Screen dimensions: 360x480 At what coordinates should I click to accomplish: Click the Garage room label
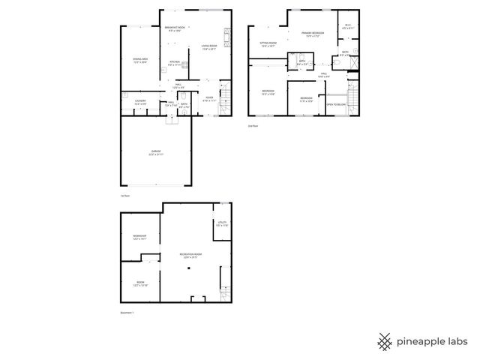pyautogui.click(x=155, y=153)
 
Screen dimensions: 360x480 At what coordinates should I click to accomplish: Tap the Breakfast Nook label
pyautogui.click(x=175, y=28)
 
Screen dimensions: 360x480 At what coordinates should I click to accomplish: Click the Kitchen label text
pyautogui.click(x=174, y=63)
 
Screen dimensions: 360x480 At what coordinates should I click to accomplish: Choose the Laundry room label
pyautogui.click(x=140, y=102)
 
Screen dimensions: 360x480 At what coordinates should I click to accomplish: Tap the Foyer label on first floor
pyautogui.click(x=209, y=98)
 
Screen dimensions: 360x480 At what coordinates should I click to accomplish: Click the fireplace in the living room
pyautogui.click(x=226, y=35)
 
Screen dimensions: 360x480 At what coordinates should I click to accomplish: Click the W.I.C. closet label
pyautogui.click(x=348, y=26)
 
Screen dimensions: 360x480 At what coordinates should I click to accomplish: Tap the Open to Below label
pyautogui.click(x=336, y=104)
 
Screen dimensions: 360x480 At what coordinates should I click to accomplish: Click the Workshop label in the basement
pyautogui.click(x=139, y=238)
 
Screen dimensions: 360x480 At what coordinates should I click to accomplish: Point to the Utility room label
pyautogui.click(x=222, y=223)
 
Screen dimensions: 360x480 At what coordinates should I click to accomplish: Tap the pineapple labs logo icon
pyautogui.click(x=385, y=341)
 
